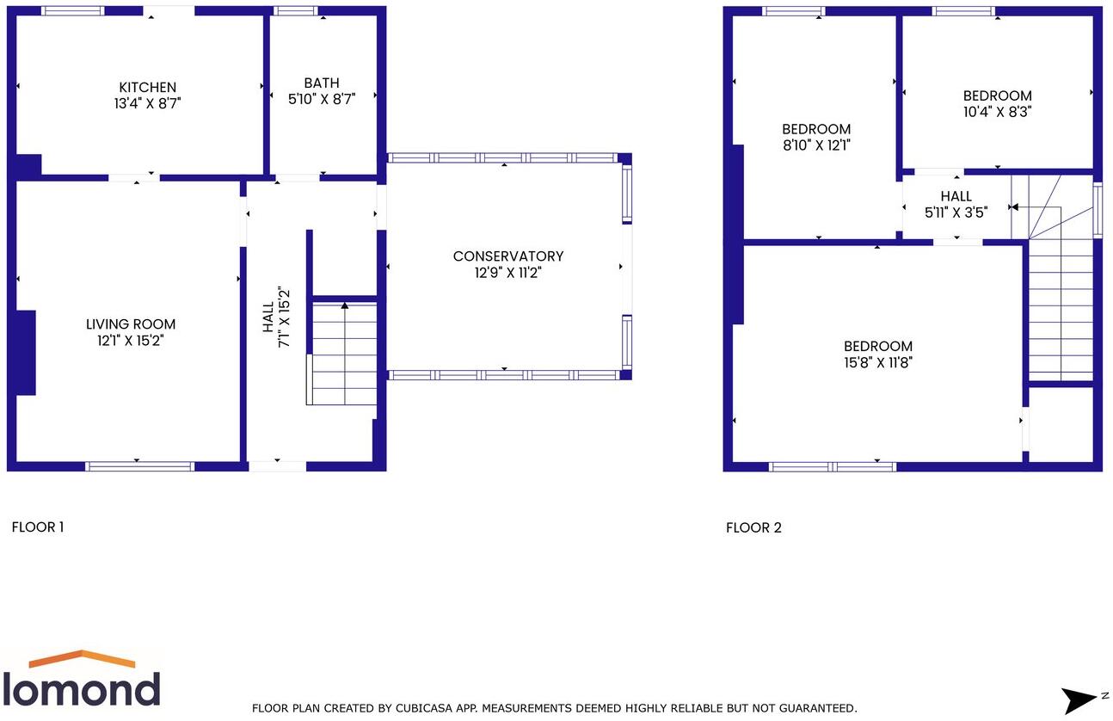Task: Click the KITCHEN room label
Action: click(147, 87)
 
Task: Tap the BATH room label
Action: click(321, 83)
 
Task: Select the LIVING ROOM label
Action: click(131, 324)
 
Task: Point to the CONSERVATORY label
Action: click(508, 256)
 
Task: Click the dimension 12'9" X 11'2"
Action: click(508, 273)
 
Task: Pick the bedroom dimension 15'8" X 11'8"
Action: click(877, 362)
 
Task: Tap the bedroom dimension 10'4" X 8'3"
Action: click(997, 111)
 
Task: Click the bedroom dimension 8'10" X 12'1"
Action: click(816, 145)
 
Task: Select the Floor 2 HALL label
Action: click(956, 196)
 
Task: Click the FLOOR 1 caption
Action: click(38, 527)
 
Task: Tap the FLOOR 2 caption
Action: click(753, 527)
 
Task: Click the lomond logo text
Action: click(82, 688)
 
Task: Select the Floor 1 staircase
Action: click(344, 353)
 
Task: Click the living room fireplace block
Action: click(24, 353)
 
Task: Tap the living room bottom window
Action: click(139, 466)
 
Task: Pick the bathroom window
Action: click(297, 11)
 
